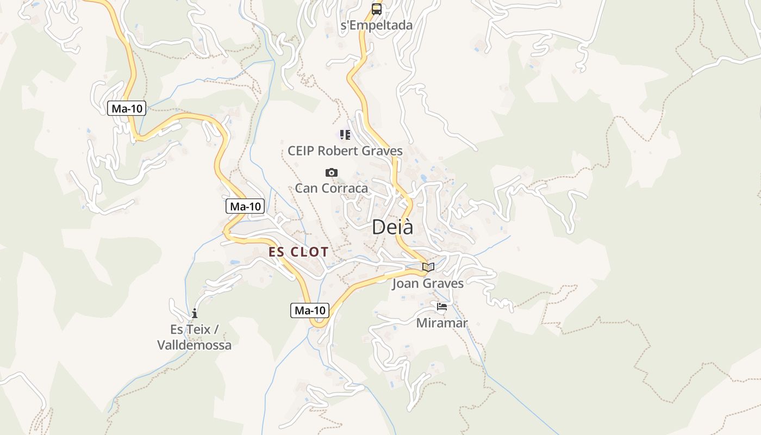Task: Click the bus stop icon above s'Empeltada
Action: pos(376,9)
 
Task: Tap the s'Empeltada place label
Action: pos(376,25)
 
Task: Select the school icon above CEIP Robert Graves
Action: pos(345,134)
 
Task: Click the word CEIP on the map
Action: pos(301,151)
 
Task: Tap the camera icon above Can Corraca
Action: pos(331,172)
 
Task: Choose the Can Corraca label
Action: pos(331,188)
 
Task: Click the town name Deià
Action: pos(392,227)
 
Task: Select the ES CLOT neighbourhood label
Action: pos(298,252)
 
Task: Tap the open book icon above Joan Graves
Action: pos(428,267)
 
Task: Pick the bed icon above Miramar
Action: pos(441,307)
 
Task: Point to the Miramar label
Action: pos(441,323)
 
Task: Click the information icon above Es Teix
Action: pos(194,314)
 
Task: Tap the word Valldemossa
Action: pos(194,345)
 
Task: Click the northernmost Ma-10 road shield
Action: pos(127,108)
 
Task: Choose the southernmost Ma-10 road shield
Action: pos(310,310)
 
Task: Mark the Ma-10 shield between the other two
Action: pos(245,206)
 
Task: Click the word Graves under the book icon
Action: pos(443,283)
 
